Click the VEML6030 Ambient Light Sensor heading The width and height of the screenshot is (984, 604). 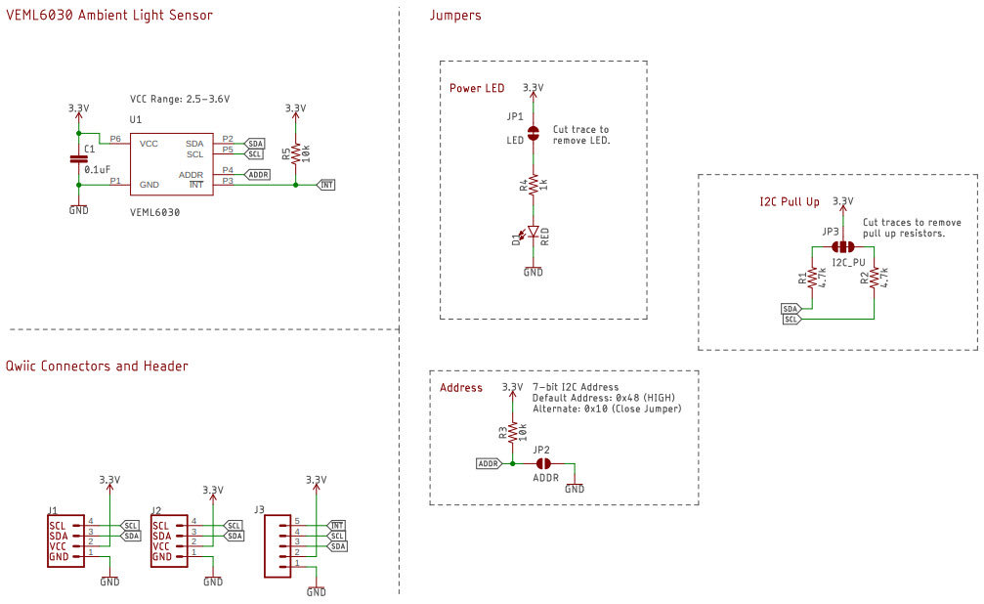coord(109,15)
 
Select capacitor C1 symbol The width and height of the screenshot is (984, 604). coord(79,158)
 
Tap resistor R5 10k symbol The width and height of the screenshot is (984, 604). coord(295,151)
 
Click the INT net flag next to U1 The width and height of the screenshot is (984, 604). coord(327,184)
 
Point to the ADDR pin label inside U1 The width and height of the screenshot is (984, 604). coord(192,174)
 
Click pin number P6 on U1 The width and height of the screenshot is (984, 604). coord(115,139)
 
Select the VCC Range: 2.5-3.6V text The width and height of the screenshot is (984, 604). coord(180,100)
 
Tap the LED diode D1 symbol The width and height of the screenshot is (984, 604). coord(533,234)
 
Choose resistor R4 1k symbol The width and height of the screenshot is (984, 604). coord(533,185)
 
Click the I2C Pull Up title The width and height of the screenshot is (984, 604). coord(789,202)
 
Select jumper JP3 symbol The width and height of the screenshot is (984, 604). coord(842,247)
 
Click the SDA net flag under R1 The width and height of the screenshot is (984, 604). coord(791,309)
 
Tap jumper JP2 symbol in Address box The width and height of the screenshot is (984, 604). coord(544,463)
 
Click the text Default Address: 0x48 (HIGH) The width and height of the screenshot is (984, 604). coord(604,399)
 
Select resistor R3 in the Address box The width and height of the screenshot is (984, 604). coord(512,430)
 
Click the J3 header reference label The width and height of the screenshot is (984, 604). coord(259,509)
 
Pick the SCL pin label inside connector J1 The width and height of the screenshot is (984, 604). coord(57,525)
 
